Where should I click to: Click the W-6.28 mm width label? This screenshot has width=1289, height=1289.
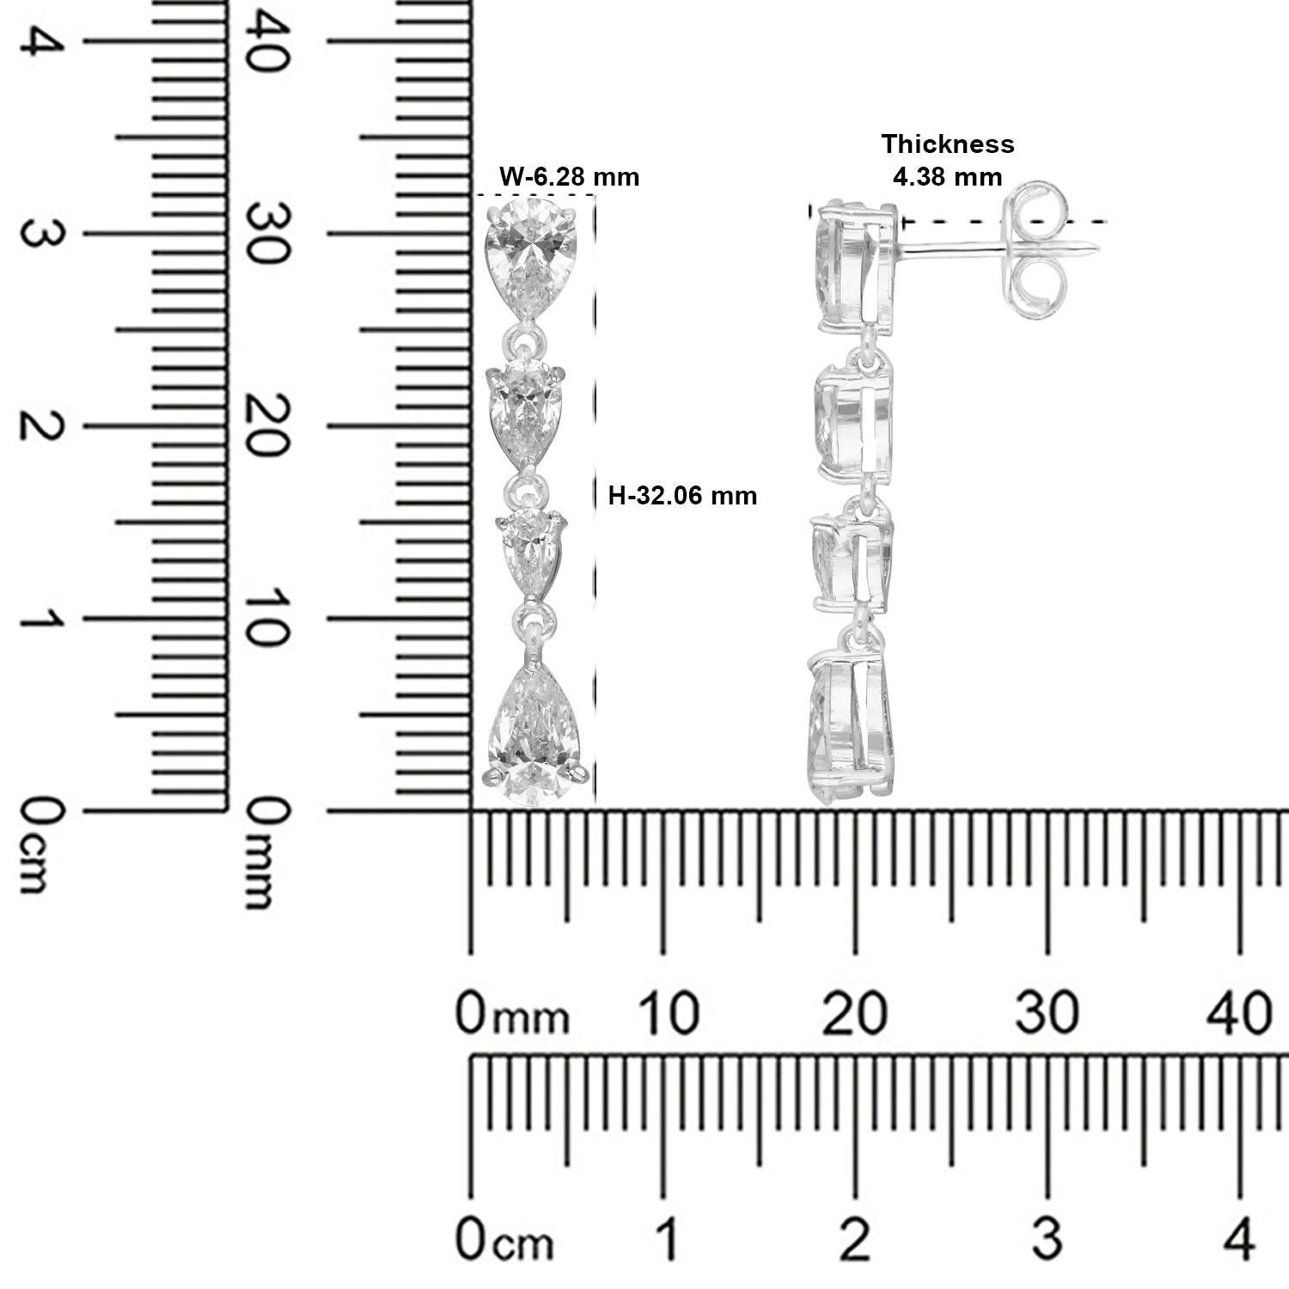coord(570,177)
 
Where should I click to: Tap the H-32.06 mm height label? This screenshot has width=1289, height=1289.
coord(682,496)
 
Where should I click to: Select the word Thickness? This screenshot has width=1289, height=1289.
coord(948,144)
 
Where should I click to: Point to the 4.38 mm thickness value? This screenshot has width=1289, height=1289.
coord(948,177)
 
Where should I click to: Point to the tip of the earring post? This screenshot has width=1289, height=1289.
coord(1100,251)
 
